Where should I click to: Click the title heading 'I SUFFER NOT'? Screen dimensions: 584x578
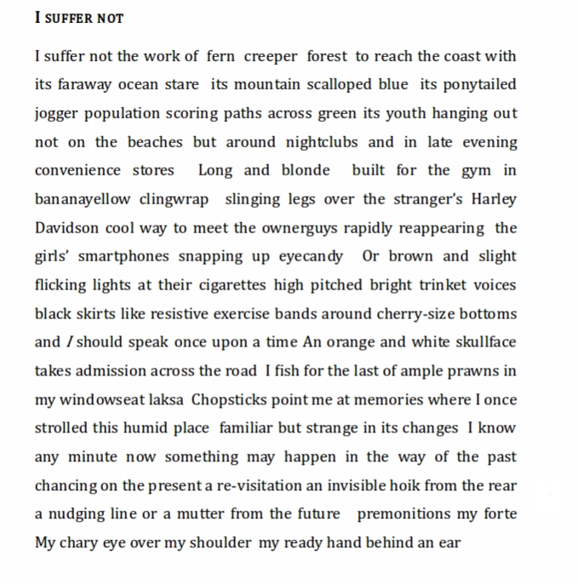pos(79,18)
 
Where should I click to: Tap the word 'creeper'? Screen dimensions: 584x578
pos(271,56)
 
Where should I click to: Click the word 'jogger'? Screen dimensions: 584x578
pos(57,114)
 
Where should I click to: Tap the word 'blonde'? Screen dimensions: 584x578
pos(305,170)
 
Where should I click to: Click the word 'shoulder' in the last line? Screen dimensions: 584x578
pos(220,543)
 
